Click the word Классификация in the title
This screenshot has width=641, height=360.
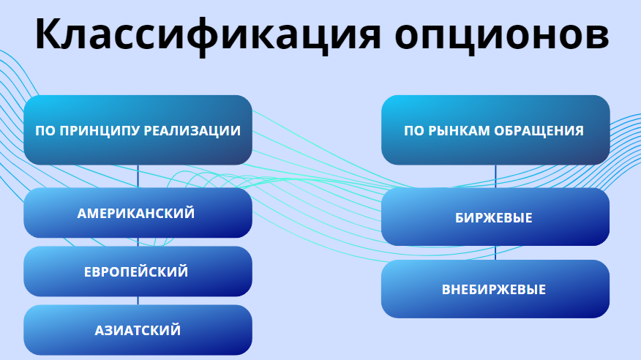click(208, 34)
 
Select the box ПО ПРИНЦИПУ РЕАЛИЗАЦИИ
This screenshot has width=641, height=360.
click(138, 130)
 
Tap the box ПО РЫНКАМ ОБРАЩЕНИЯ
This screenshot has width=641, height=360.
click(495, 130)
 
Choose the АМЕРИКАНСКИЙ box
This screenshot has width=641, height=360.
click(138, 213)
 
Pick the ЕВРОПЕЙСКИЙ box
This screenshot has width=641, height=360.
click(138, 271)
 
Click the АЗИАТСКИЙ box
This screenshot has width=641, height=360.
click(138, 330)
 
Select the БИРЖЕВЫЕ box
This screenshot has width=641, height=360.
click(495, 217)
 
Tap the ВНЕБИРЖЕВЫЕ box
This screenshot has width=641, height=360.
click(495, 289)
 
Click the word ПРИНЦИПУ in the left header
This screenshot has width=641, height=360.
click(100, 131)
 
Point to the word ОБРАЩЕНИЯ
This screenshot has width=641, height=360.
click(539, 131)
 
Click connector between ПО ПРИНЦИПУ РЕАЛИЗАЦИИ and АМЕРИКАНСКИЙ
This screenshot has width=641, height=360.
click(138, 176)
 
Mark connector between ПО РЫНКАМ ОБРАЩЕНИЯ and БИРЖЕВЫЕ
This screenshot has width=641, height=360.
click(495, 176)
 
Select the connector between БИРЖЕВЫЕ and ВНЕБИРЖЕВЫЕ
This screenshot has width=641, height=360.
click(495, 253)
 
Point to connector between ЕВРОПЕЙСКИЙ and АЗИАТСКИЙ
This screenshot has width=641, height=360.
click(138, 301)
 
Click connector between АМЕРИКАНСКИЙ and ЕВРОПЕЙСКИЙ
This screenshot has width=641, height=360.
click(138, 242)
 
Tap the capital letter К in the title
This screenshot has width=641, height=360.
click(48, 34)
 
